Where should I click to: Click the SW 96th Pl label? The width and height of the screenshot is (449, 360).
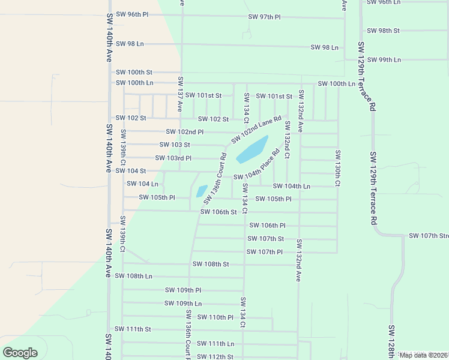[x=132, y=14]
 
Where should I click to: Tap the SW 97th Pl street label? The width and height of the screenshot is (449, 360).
[x=265, y=17]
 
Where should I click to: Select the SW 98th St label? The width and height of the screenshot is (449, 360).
[x=384, y=30]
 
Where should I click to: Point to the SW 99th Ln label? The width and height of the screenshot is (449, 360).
[x=384, y=60]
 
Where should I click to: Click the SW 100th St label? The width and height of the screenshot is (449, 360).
[x=134, y=72]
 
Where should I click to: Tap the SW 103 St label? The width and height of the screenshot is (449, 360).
[x=175, y=145]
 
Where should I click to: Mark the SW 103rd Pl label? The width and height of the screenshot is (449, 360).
[x=173, y=158]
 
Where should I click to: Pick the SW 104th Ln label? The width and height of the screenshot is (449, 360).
[x=291, y=187]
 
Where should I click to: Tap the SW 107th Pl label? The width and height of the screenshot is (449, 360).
[x=264, y=252]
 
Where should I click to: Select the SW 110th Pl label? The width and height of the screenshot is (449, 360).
[x=215, y=317]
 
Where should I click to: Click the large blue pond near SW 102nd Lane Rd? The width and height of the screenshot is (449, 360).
[x=252, y=149]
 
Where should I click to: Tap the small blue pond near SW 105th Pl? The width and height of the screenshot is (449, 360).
[x=201, y=191]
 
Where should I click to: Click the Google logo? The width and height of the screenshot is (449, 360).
[x=20, y=353]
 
